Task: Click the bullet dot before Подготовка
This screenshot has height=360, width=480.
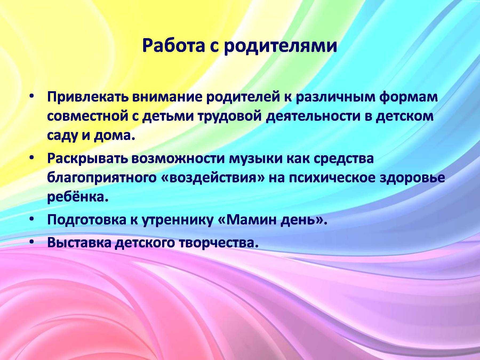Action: (32, 219)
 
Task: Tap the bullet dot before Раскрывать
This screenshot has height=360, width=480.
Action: (32, 158)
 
